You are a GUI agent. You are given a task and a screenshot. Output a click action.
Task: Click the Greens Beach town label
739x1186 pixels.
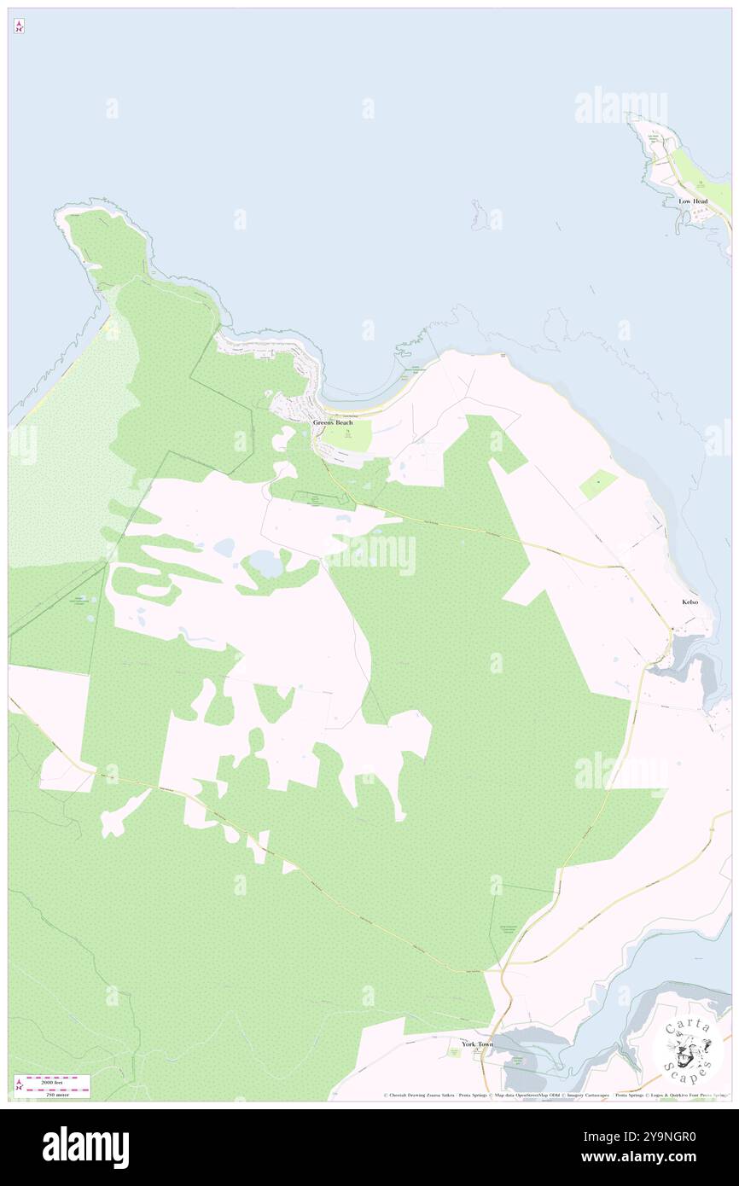pyautogui.click(x=332, y=422)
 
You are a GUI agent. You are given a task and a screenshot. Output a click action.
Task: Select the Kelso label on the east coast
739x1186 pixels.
pyautogui.click(x=690, y=602)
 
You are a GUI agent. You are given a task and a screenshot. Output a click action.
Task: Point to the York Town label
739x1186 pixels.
pyautogui.click(x=477, y=1044)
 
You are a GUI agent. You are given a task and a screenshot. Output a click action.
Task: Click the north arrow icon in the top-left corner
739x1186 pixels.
pyautogui.click(x=19, y=26)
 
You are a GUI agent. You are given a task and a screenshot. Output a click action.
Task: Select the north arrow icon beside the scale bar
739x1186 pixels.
pyautogui.click(x=18, y=1086)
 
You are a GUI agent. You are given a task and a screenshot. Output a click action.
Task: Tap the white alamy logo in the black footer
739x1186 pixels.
pyautogui.click(x=85, y=1148)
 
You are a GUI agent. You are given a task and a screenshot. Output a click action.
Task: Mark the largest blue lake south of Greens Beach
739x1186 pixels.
pyautogui.click(x=265, y=564)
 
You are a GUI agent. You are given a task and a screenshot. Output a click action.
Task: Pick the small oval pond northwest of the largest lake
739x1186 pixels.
pyautogui.click(x=224, y=547)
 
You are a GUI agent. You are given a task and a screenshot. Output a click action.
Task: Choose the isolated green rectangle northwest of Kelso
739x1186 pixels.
pyautogui.click(x=597, y=485)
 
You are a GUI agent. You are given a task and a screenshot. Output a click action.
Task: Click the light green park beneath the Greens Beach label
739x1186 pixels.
pyautogui.click(x=349, y=438)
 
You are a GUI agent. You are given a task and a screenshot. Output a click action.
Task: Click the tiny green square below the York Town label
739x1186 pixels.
pyautogui.click(x=455, y=1053)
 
